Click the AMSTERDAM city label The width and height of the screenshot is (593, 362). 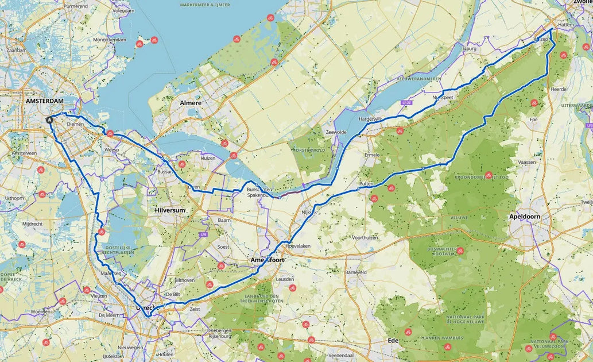click(44, 101)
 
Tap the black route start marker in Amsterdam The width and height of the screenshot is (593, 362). click(49, 120)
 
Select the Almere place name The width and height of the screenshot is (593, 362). click(191, 103)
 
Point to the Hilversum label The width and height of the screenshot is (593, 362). click(170, 210)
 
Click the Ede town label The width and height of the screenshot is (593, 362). click(393, 340)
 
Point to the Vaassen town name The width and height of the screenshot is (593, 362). click(526, 163)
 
